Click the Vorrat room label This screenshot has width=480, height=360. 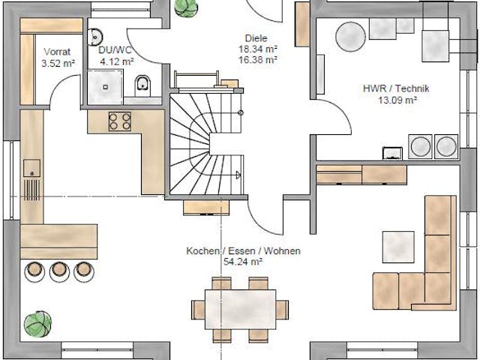(58, 52)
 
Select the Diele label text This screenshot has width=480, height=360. (256, 38)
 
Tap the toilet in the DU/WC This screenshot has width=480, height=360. (143, 87)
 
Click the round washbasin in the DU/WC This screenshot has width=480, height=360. (95, 36)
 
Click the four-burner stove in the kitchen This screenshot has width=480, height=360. (120, 121)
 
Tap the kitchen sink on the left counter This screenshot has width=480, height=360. (31, 166)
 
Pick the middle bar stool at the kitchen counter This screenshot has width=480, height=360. (60, 270)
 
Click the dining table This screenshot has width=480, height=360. (239, 307)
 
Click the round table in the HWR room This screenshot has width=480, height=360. (350, 34)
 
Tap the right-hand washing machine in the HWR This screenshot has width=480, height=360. (447, 146)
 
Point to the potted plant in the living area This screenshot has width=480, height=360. (37, 325)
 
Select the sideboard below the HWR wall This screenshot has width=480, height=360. (361, 175)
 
